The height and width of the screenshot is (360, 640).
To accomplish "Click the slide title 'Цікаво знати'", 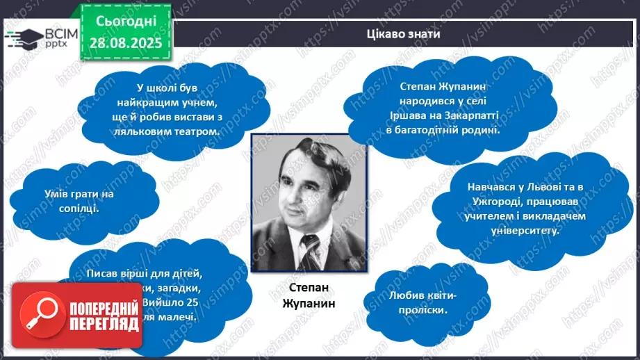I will (403, 34).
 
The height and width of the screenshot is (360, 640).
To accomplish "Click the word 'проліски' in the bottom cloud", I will (425, 311).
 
